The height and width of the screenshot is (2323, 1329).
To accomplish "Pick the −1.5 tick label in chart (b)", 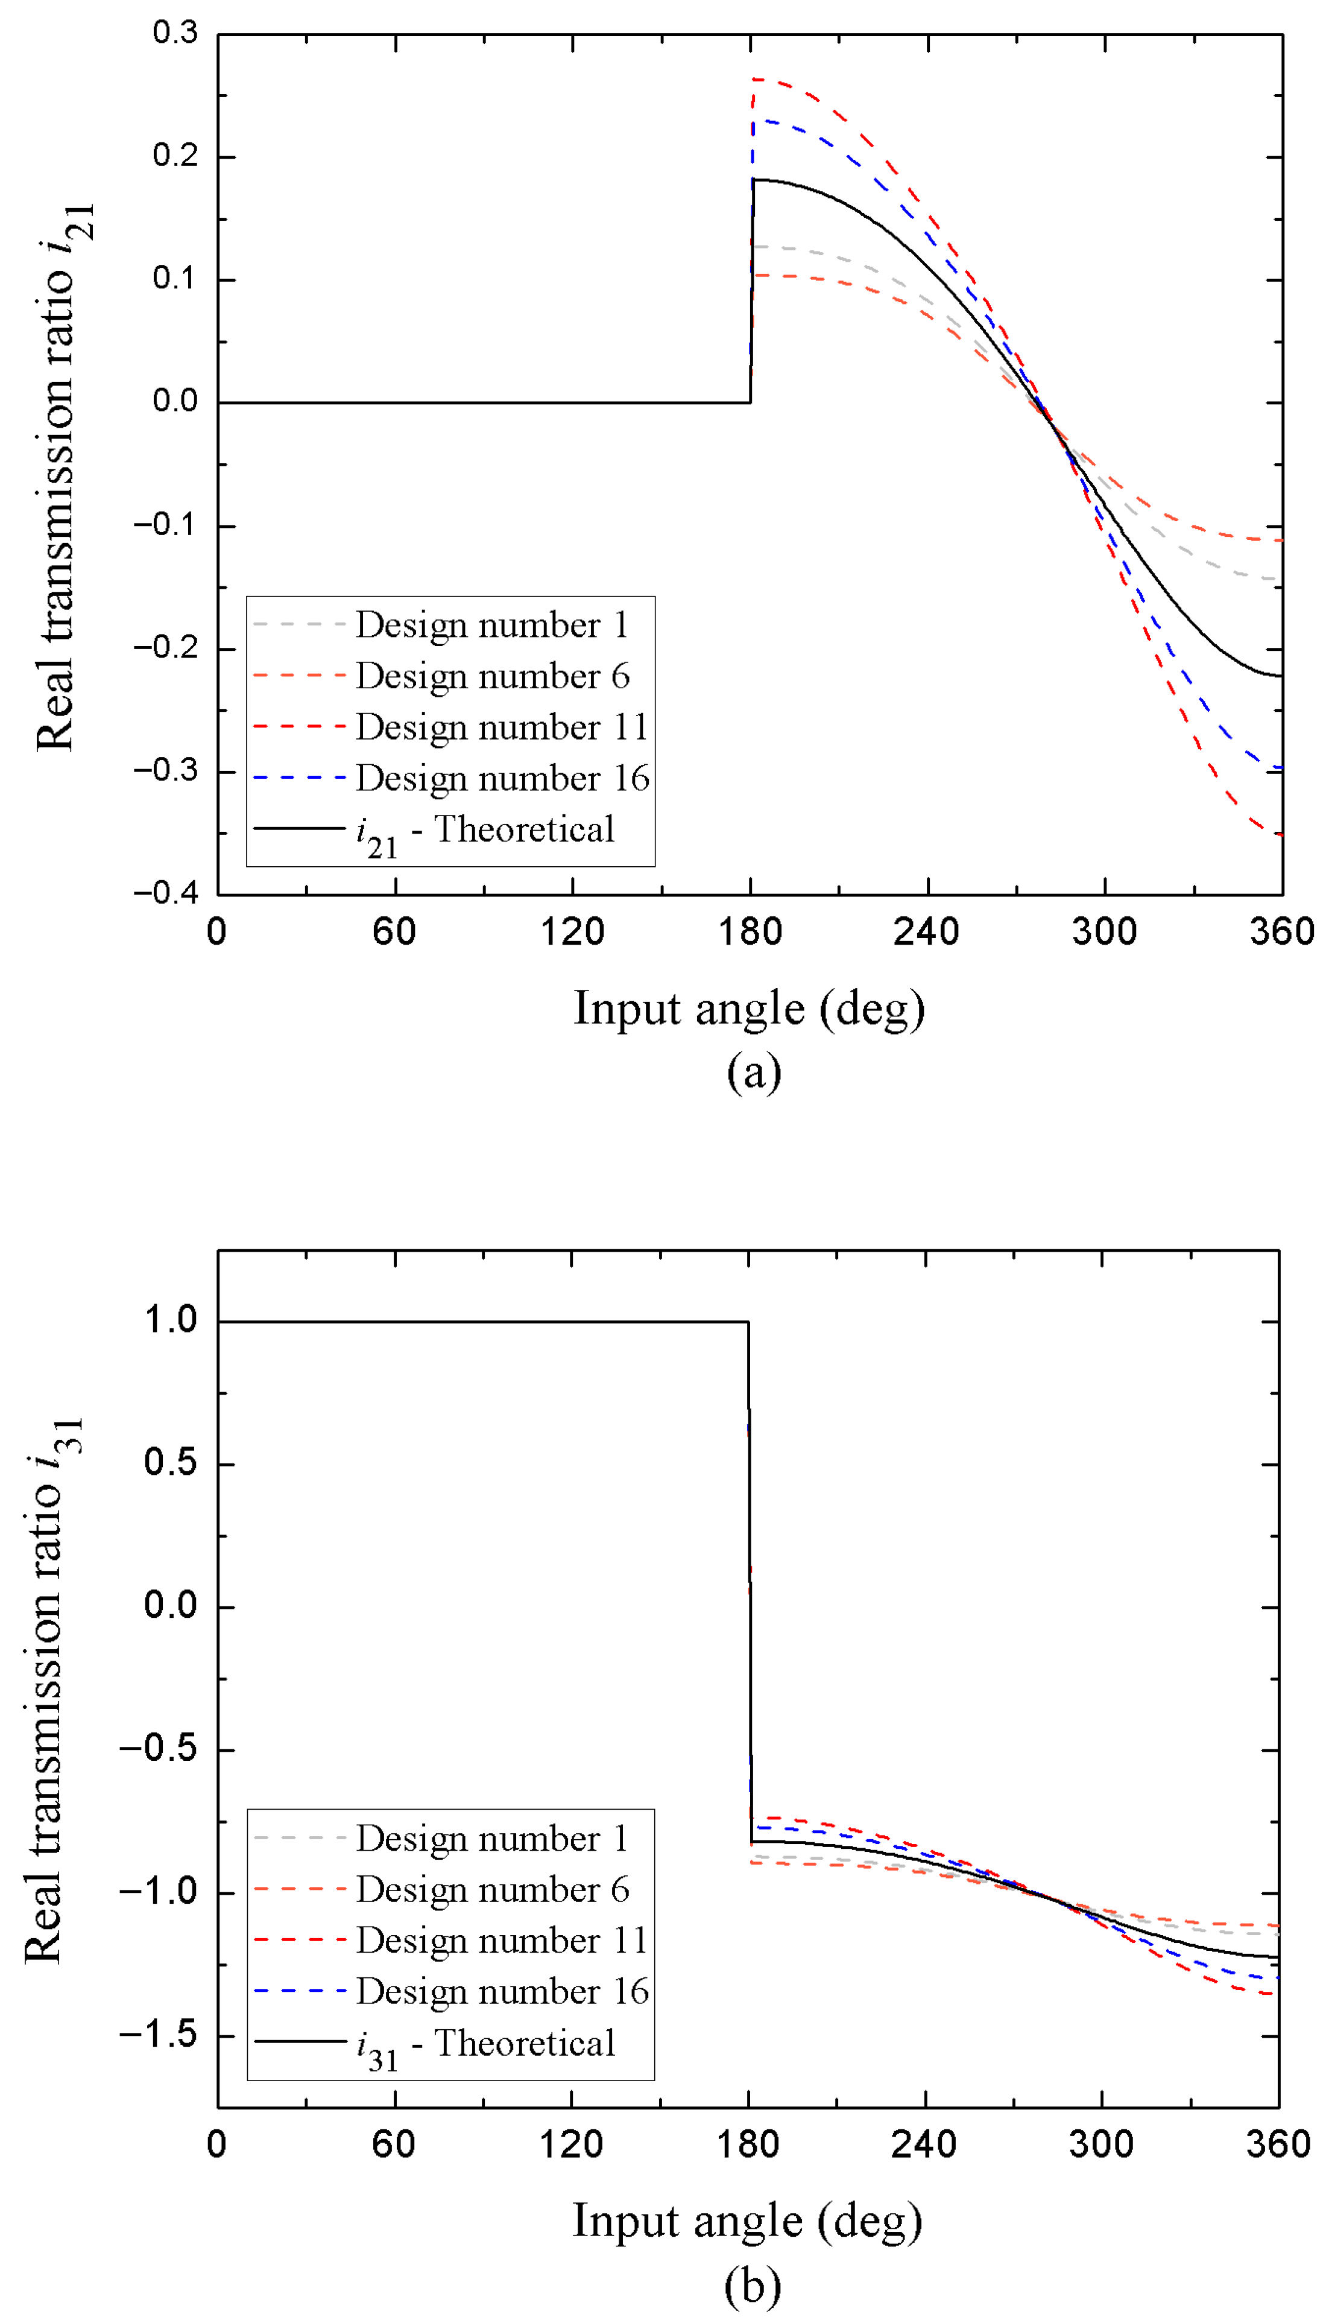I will (159, 2035).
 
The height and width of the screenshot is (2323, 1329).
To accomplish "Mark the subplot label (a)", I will (754, 1072).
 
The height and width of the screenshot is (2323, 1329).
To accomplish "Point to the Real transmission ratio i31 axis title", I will (53, 1689).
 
